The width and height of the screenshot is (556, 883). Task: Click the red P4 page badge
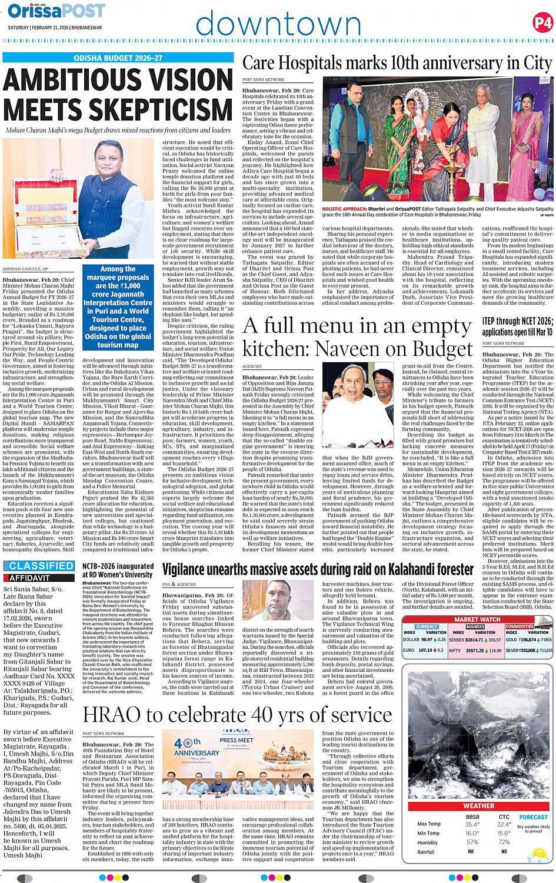click(x=542, y=23)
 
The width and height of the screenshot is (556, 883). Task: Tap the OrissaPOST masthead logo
click(x=56, y=11)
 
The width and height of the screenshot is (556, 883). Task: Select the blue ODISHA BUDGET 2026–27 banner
click(x=118, y=58)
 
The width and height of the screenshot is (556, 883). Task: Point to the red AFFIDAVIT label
click(x=29, y=578)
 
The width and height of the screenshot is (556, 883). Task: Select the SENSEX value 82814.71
click(x=474, y=639)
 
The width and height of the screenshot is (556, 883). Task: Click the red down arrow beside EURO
click(x=437, y=651)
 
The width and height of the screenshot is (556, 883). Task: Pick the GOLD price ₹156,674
click(x=528, y=639)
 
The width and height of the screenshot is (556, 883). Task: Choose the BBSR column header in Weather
click(x=472, y=817)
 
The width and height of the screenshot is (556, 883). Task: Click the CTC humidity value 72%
click(x=504, y=842)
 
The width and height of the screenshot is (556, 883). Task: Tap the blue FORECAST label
click(x=533, y=817)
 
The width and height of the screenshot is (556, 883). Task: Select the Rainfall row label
click(x=426, y=851)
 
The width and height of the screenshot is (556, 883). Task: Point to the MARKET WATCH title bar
click(x=477, y=619)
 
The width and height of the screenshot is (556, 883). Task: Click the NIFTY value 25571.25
click(x=475, y=651)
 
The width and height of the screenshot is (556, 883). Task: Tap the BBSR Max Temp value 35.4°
click(x=472, y=824)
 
